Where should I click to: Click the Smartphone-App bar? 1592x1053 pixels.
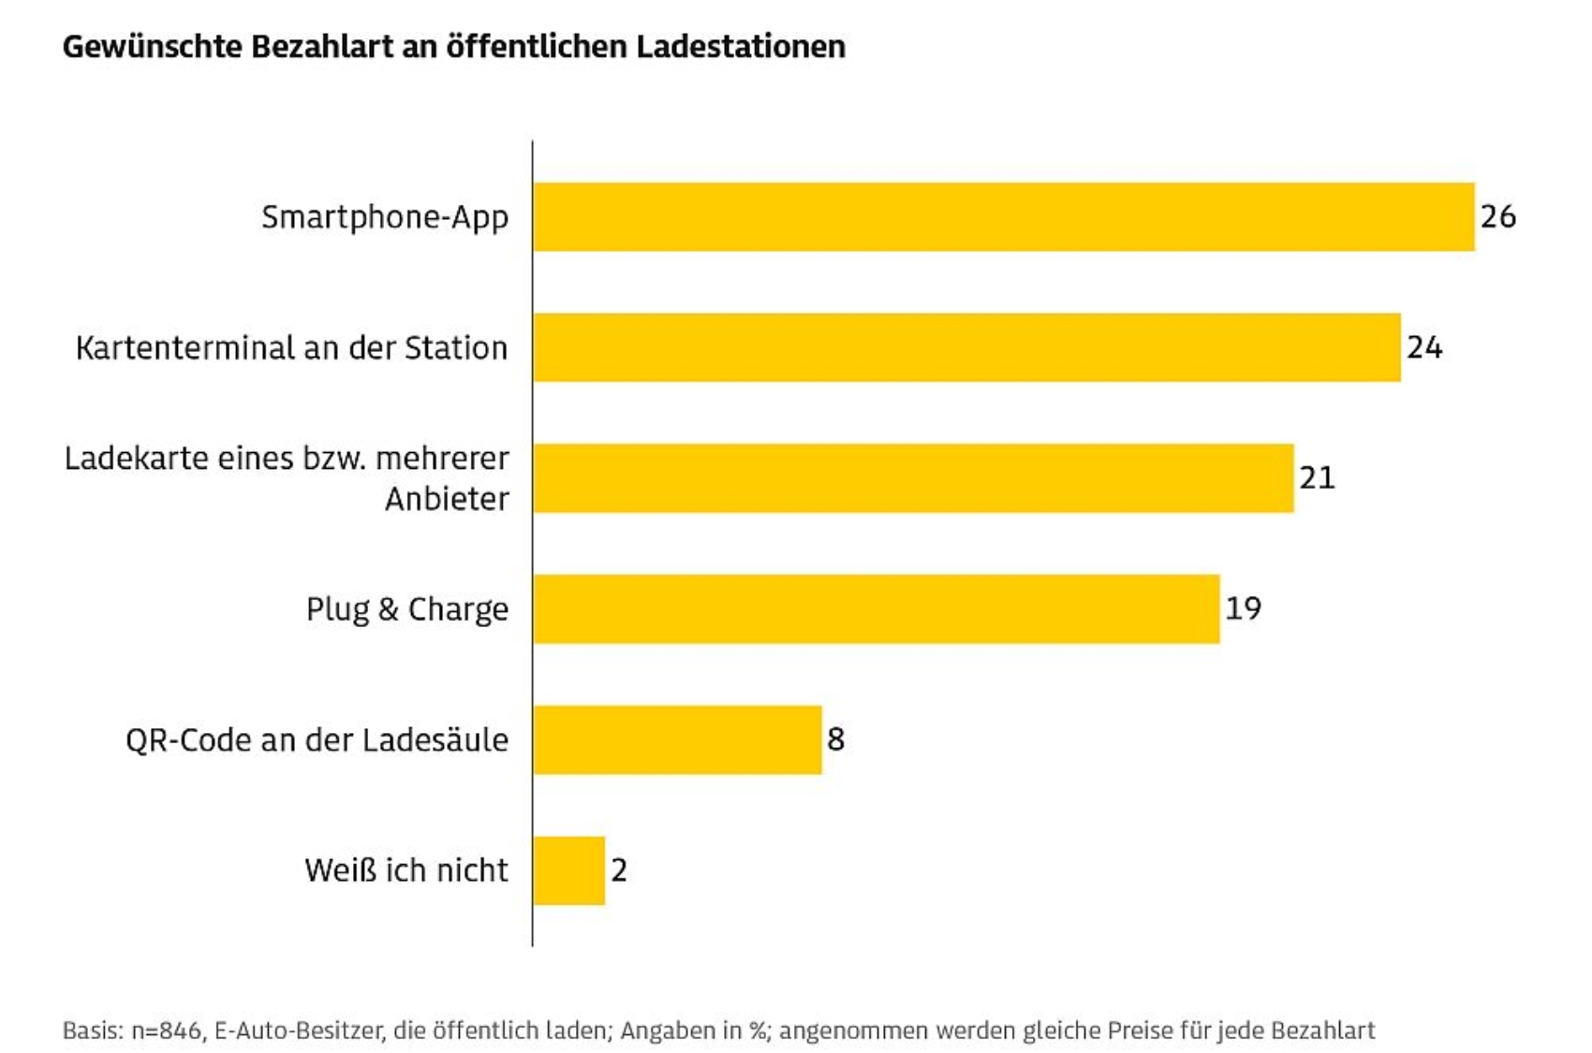click(x=1004, y=217)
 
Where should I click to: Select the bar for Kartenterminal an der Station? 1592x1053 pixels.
click(x=966, y=347)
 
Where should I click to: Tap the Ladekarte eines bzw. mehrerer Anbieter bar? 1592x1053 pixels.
click(x=913, y=478)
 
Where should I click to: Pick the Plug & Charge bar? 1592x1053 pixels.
click(x=877, y=609)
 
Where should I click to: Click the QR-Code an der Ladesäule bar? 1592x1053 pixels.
click(x=677, y=739)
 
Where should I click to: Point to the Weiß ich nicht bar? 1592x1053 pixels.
click(x=568, y=870)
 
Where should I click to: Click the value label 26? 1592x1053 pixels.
click(x=1498, y=216)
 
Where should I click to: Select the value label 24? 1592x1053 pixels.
click(x=1424, y=347)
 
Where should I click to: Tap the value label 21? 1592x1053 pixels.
click(x=1317, y=477)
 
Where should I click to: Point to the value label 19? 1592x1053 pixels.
click(x=1243, y=608)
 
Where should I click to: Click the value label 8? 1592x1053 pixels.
click(x=835, y=739)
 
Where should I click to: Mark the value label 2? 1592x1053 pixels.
click(x=619, y=870)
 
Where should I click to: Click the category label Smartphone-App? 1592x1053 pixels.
click(x=385, y=217)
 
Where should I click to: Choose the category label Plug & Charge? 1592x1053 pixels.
click(x=407, y=609)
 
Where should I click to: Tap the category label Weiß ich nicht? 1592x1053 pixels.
click(x=406, y=870)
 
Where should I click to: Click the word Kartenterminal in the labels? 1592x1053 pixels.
click(x=184, y=348)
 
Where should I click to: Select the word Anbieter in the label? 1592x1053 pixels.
click(x=447, y=499)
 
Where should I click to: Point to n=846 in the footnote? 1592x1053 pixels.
click(x=167, y=1031)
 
